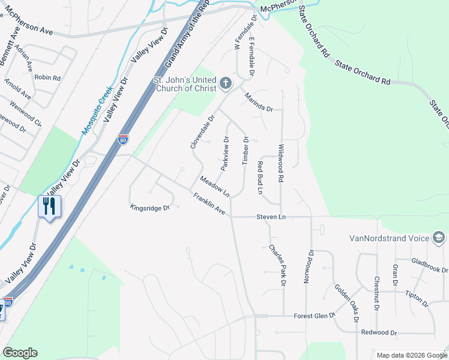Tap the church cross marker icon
coord(226,83)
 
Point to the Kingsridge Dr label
coord(151,208)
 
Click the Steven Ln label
coord(271,216)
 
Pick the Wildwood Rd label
coord(280,163)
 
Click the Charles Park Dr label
coord(277,264)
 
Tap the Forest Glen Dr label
coord(314,316)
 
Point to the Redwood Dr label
coord(379,332)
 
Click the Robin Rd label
coord(47,78)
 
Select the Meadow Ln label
coord(215,186)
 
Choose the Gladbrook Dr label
coord(430,265)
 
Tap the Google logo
coord(20,353)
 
